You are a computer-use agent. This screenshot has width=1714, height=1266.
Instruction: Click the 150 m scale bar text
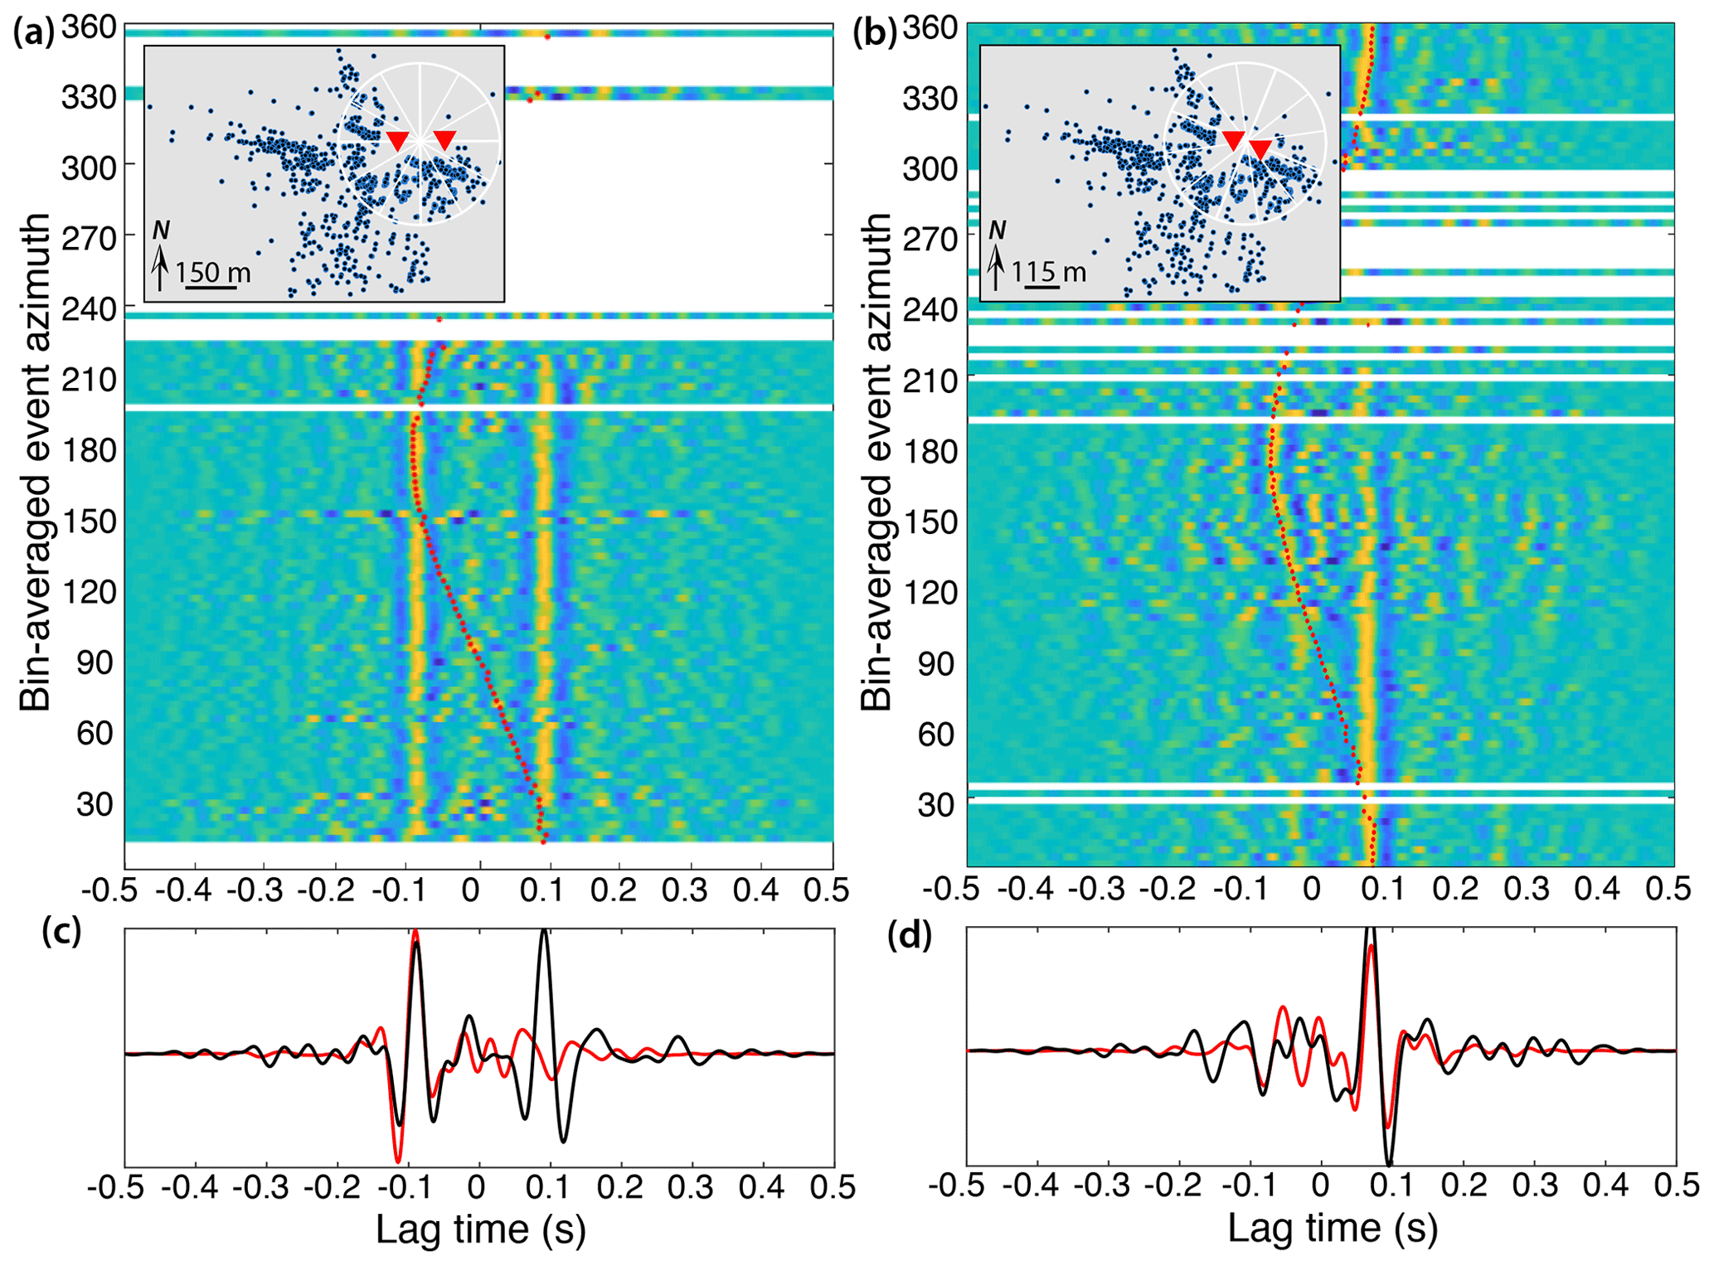tap(213, 272)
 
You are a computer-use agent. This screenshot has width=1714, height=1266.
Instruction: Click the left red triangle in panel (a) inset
tap(398, 140)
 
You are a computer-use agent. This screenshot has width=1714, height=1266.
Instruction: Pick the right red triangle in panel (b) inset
tap(1260, 149)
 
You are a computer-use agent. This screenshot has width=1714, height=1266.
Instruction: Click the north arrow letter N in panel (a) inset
tap(161, 230)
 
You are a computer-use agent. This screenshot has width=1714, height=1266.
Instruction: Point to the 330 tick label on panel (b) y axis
tap(930, 98)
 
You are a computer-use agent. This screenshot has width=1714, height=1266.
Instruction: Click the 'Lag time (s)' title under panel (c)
tap(480, 1229)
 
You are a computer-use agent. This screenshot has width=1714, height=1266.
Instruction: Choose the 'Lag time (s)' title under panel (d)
tap(1332, 1228)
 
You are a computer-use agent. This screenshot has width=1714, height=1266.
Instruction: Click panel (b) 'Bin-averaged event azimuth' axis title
tap(876, 461)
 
